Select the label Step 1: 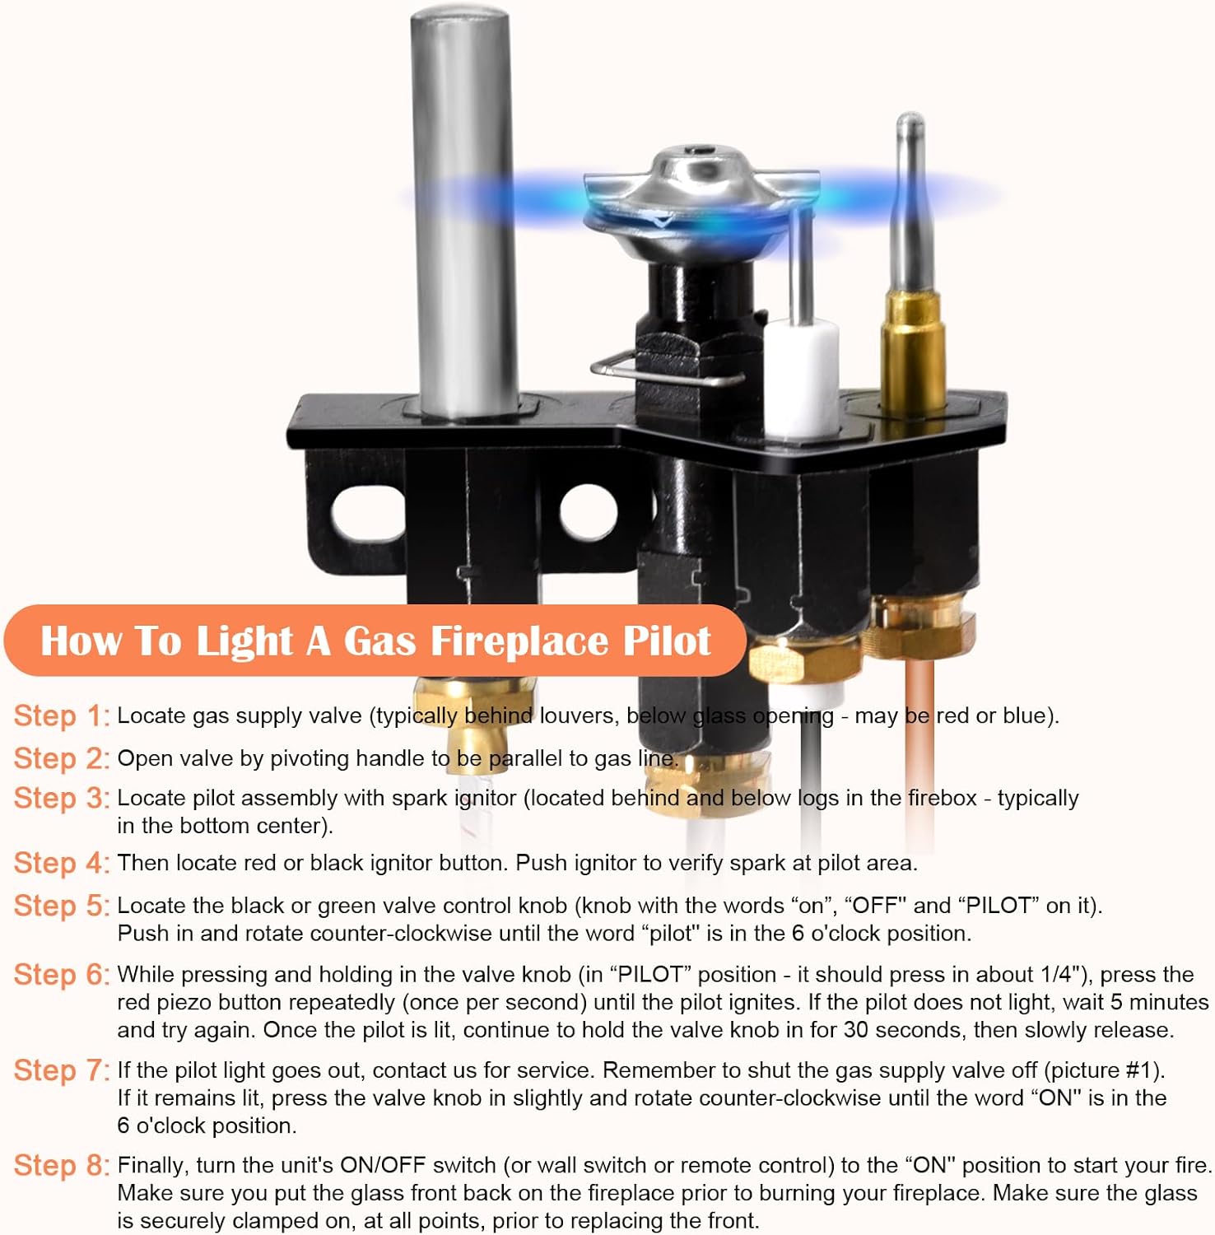click(62, 715)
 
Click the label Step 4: click(62, 863)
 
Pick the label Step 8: click(62, 1165)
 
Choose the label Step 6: click(62, 974)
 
